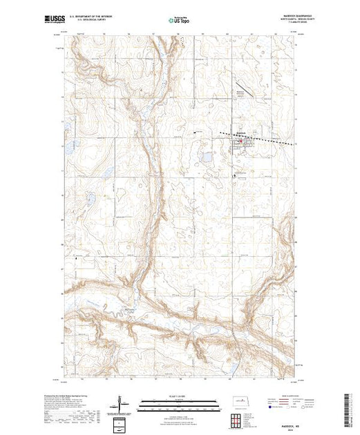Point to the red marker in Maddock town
[240, 142]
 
